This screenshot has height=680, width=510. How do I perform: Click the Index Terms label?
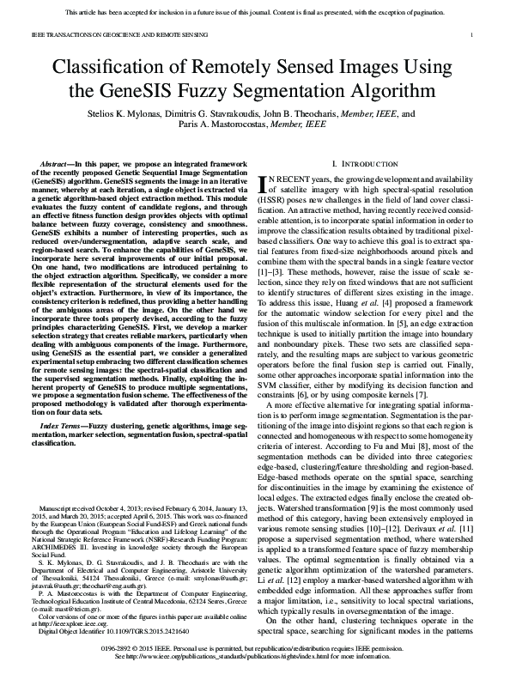[x=63, y=402]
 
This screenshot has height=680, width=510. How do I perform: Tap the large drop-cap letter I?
[x=264, y=183]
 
